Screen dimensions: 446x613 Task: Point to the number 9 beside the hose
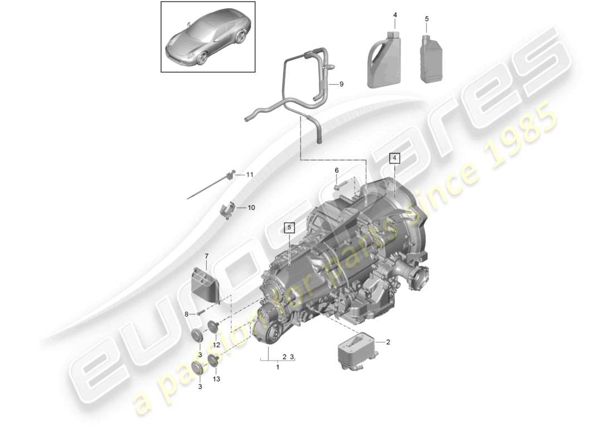click(341, 84)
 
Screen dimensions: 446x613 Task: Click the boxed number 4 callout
click(395, 158)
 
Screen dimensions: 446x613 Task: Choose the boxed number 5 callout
click(289, 227)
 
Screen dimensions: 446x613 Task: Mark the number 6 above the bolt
click(337, 170)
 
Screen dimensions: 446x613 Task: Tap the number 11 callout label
click(250, 175)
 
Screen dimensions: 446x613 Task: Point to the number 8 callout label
click(187, 314)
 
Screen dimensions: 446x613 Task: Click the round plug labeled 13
click(213, 360)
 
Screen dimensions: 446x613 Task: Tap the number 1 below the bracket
click(278, 367)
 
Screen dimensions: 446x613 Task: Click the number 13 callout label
click(216, 379)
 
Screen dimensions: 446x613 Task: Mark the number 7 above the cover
click(206, 256)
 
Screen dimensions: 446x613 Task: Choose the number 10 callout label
click(251, 208)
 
